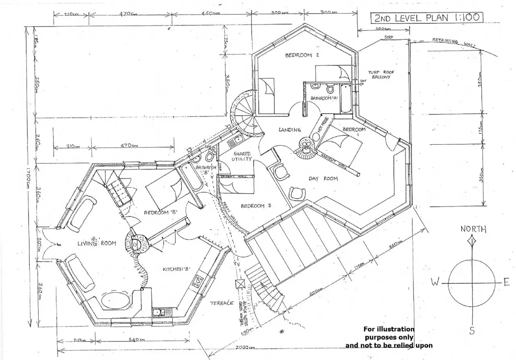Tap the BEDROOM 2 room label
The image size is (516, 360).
click(x=302, y=55)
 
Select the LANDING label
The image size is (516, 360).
click(x=289, y=130)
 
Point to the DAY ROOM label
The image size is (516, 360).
click(x=323, y=178)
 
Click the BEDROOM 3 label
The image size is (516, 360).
click(x=256, y=206)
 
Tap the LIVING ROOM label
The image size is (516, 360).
click(x=97, y=243)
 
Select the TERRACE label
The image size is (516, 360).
click(x=222, y=303)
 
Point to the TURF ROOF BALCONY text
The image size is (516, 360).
click(x=381, y=75)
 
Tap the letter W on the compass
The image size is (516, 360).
click(x=435, y=283)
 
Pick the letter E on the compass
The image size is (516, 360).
click(x=507, y=283)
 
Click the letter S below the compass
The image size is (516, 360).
click(x=472, y=331)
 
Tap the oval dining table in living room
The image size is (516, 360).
click(x=115, y=301)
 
